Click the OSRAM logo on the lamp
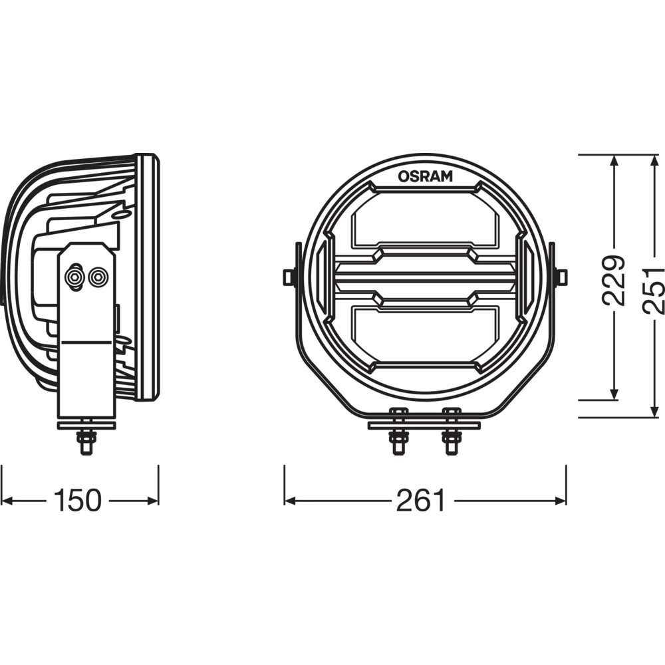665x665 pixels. tap(425, 176)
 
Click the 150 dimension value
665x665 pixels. tap(78, 501)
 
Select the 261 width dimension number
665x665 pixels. tap(422, 501)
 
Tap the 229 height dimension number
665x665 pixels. tap(614, 281)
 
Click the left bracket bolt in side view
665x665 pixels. tap(74, 278)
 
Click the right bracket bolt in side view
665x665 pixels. tap(98, 278)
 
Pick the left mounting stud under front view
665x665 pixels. tap(398, 432)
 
